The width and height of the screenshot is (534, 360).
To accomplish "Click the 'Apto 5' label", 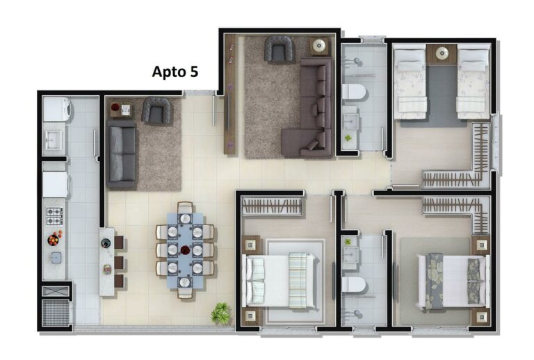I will tap(175, 72).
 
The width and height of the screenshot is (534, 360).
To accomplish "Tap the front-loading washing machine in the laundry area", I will tap(55, 110).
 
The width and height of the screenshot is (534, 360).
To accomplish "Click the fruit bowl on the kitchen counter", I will tap(54, 240).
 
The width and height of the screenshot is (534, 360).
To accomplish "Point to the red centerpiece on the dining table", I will tap(185, 249).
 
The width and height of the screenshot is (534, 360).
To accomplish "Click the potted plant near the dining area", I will tap(222, 313).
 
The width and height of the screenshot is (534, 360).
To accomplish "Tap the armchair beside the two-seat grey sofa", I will tap(156, 111).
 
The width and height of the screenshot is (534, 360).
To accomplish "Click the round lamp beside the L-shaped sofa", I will tap(319, 46).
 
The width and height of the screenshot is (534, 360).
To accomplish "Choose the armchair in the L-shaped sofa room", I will tap(278, 49).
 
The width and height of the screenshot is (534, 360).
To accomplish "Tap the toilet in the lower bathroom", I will tap(354, 286).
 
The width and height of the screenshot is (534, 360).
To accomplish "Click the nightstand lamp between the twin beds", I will tap(442, 51).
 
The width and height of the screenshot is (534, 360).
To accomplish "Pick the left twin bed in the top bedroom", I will tap(410, 82).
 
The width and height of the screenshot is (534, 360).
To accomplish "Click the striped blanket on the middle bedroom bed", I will tap(299, 279).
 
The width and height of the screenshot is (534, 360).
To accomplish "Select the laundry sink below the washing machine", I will tap(54, 141).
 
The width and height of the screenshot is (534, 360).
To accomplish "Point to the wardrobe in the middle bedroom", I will tap(273, 206).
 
